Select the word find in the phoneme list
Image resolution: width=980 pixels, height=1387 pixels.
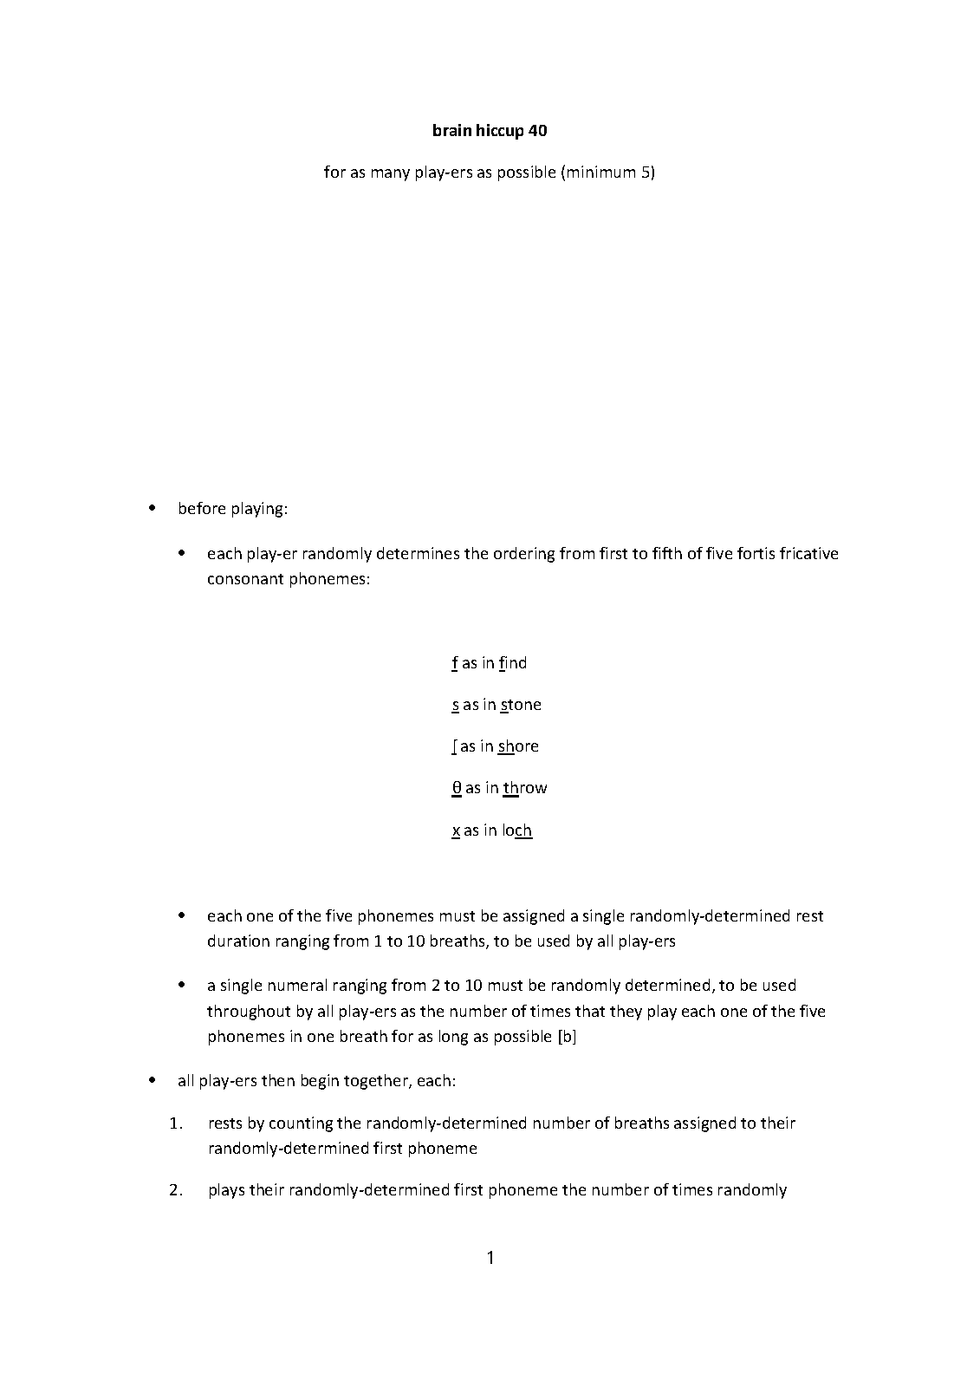(x=513, y=663)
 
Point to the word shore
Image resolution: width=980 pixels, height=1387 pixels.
(x=518, y=746)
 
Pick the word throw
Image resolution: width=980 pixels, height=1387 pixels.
(x=525, y=788)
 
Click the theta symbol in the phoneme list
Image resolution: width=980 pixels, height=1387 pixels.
(x=456, y=788)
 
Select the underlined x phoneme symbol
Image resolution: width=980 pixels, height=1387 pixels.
(x=456, y=830)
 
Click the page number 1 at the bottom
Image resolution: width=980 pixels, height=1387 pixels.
(x=490, y=1258)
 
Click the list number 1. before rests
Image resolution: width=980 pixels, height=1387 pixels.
(x=177, y=1123)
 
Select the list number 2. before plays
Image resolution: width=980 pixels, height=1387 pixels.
(x=177, y=1190)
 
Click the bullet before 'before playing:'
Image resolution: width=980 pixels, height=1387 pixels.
(x=153, y=509)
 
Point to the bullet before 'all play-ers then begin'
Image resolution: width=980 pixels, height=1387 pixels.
(x=153, y=1081)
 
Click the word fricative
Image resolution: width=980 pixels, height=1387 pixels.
(x=808, y=553)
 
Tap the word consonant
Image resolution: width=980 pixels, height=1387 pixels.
(x=245, y=578)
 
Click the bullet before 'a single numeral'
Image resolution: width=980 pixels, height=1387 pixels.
(x=182, y=986)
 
